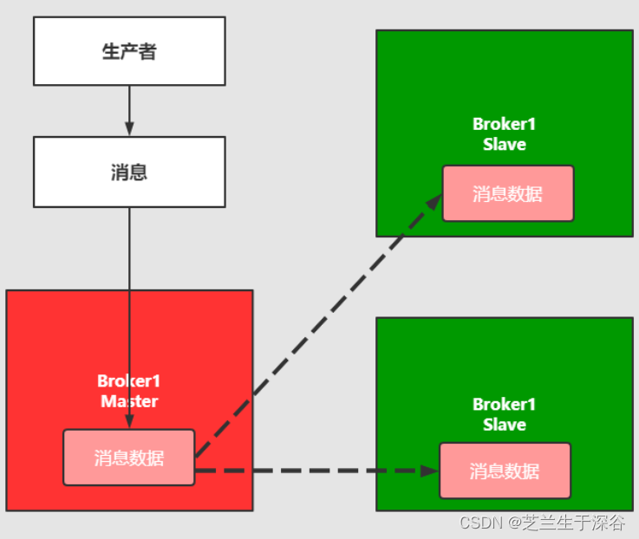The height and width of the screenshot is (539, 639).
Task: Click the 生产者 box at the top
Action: [129, 51]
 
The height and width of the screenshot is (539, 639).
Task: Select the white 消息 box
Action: [129, 172]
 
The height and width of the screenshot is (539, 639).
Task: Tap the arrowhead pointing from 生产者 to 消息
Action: [129, 128]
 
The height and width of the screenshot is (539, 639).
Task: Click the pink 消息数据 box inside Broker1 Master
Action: [129, 458]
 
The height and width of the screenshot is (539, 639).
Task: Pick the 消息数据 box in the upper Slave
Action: [508, 193]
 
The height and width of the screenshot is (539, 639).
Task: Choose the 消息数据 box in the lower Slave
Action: [505, 471]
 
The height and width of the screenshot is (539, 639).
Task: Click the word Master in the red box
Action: [129, 401]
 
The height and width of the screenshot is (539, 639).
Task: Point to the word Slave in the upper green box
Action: [505, 144]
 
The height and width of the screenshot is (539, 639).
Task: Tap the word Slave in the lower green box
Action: [505, 425]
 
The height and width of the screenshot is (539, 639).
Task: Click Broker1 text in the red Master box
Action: [129, 381]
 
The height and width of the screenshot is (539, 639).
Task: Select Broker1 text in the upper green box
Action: [505, 124]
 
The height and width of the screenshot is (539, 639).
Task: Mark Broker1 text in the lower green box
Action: [505, 405]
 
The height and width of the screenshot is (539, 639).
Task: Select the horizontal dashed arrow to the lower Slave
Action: [312, 471]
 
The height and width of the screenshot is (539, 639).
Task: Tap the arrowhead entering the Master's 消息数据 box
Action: [129, 422]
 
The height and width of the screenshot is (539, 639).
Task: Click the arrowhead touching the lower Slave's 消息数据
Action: [430, 471]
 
